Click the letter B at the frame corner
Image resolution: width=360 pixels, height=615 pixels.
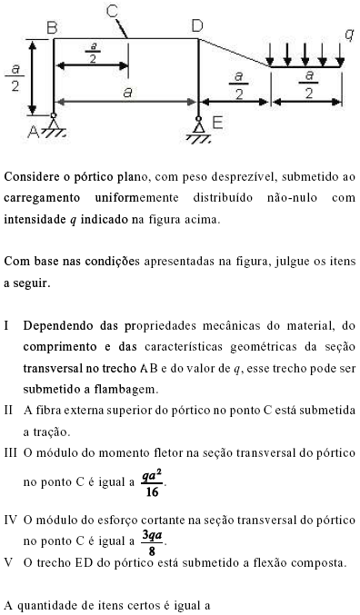(x=51, y=28)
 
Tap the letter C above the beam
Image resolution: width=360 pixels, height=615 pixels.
(x=112, y=11)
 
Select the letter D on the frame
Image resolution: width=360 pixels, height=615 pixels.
(x=196, y=27)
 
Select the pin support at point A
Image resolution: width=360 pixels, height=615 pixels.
(x=55, y=127)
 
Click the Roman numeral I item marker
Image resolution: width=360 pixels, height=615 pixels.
(x=7, y=325)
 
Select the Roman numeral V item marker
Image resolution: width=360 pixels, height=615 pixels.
(x=8, y=562)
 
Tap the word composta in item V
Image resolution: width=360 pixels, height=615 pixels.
(x=316, y=562)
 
